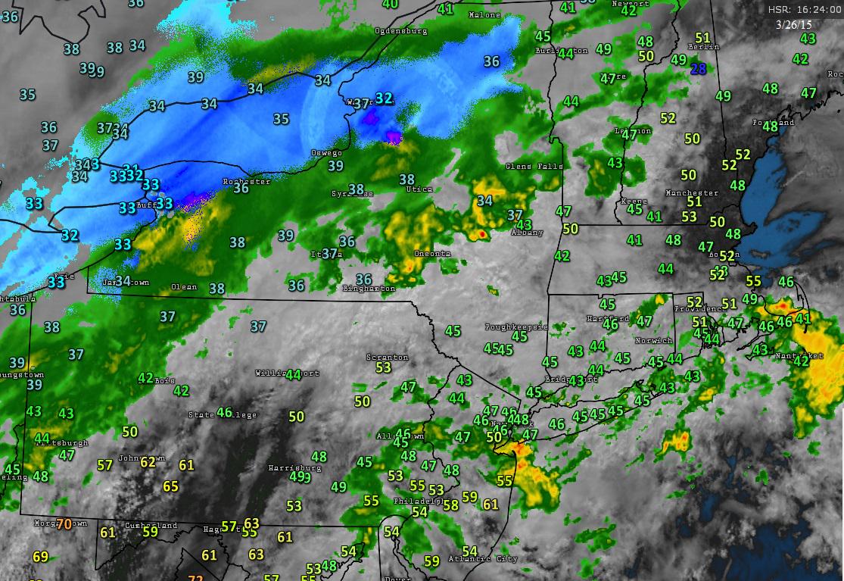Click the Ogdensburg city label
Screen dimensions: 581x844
coord(401,31)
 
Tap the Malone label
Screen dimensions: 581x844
coord(484,15)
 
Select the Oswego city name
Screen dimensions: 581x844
coord(326,153)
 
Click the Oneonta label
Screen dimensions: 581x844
coord(432,254)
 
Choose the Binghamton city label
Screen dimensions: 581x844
coord(369,289)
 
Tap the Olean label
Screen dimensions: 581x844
coord(184,287)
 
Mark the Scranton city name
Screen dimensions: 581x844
coord(387,358)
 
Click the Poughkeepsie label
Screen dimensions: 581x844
coord(515,327)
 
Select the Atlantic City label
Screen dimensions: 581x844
coord(483,559)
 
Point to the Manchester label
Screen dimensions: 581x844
coord(691,193)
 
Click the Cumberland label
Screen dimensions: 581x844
coord(151,526)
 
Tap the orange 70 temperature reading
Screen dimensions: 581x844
coord(64,523)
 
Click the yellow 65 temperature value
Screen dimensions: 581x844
coord(171,486)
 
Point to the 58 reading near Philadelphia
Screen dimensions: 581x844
coord(450,505)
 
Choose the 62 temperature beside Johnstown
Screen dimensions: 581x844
coord(148,461)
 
